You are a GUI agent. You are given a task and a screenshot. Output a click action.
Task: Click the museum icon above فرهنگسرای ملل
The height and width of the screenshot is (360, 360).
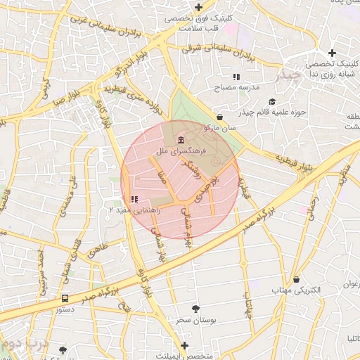[x=182, y=138]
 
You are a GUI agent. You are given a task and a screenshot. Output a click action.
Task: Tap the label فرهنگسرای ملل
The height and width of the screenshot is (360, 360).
[x=182, y=150]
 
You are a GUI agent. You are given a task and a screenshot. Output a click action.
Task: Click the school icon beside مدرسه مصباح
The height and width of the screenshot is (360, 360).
[x=236, y=76]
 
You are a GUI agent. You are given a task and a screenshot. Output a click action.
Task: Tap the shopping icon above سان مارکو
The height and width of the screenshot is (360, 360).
[x=220, y=117]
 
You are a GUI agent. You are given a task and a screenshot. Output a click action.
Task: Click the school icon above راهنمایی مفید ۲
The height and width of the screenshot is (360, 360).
[x=134, y=199]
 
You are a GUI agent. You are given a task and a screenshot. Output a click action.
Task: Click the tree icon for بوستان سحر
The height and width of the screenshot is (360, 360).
[x=195, y=308]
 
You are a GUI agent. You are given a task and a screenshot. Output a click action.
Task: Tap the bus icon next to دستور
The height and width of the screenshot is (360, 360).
[x=65, y=298]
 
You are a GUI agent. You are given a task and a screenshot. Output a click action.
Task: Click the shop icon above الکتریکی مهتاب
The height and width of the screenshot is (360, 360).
[x=296, y=278]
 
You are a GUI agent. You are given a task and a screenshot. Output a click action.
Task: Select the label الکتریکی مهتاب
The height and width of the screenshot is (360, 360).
[x=296, y=290]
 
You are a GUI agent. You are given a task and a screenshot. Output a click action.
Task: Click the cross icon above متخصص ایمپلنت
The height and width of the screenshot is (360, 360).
[x=184, y=345]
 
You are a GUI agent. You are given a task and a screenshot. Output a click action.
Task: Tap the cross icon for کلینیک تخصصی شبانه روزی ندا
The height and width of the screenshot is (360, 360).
[x=333, y=53]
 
